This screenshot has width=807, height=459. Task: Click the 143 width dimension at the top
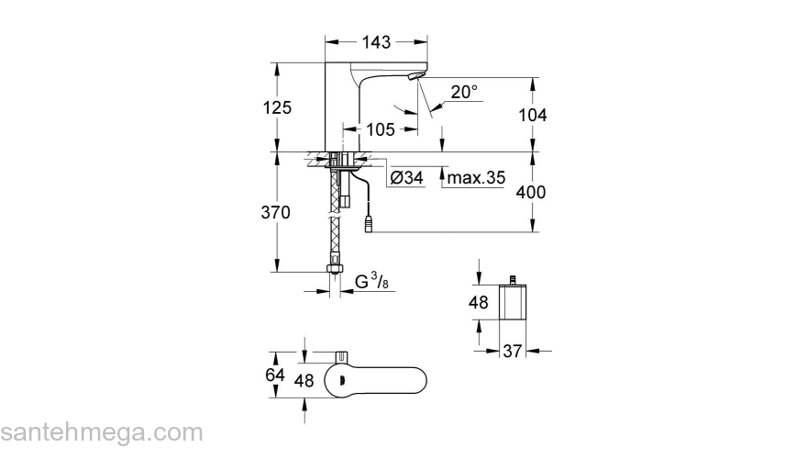pos(377,42)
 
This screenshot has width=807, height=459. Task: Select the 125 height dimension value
pos(276,107)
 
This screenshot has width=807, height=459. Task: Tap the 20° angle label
pos(465,92)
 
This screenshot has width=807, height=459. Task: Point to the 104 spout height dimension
pos(532,115)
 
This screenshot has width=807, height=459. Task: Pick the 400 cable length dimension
pos(532,193)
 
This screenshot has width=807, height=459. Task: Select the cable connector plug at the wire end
pos(370,222)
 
